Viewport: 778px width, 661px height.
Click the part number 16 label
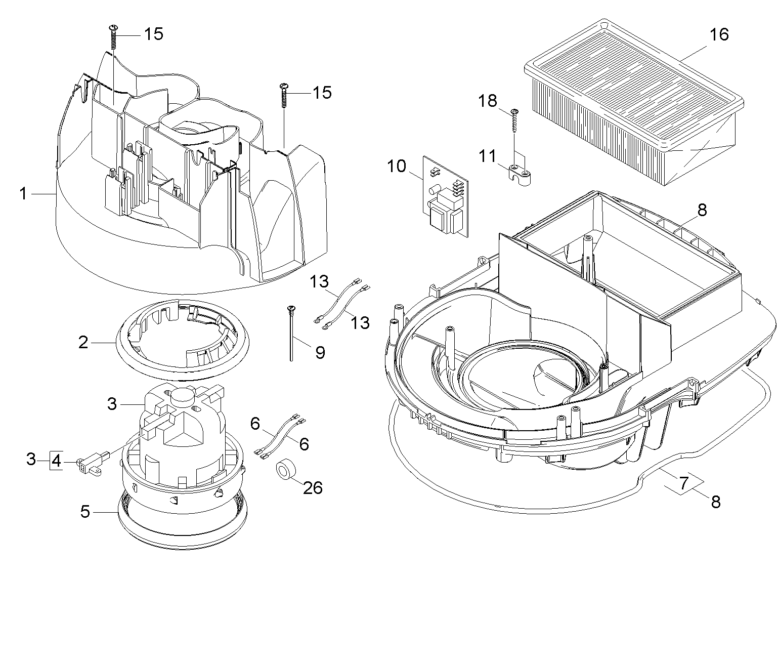[719, 35]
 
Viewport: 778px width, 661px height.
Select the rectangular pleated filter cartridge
[632, 101]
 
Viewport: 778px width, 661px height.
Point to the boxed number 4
[56, 461]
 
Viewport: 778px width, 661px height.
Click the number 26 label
[313, 487]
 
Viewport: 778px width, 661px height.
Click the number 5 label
[85, 512]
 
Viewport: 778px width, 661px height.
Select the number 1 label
[23, 193]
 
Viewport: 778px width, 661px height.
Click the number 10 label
[397, 166]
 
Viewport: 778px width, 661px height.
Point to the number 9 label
[320, 352]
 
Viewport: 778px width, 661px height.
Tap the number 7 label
[683, 483]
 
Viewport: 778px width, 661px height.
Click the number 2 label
[83, 343]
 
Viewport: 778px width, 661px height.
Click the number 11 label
[488, 156]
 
